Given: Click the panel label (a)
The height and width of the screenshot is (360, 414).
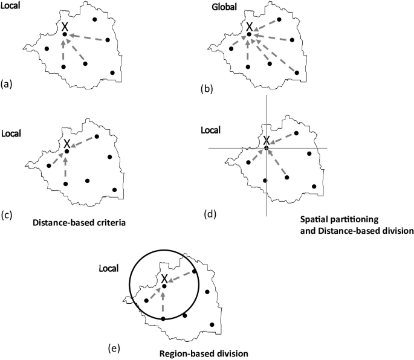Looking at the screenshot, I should pyautogui.click(x=7, y=85).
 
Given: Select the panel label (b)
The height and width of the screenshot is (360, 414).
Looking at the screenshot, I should pyautogui.click(x=206, y=89).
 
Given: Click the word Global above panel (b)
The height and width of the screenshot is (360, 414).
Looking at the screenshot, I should pyautogui.click(x=224, y=8).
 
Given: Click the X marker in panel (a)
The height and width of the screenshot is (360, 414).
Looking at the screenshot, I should pyautogui.click(x=65, y=27).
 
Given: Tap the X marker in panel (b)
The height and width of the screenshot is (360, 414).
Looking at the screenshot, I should pyautogui.click(x=248, y=27).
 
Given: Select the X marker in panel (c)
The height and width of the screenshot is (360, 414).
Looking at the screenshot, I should pyautogui.click(x=67, y=144).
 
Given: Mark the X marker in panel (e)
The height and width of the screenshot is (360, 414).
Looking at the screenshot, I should pyautogui.click(x=164, y=278).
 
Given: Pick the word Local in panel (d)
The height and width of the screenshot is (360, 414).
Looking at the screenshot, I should pyautogui.click(x=210, y=130).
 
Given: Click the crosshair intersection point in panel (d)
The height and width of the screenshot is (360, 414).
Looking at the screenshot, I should pyautogui.click(x=266, y=148).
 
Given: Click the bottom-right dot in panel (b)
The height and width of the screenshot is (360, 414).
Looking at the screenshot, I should pyautogui.click(x=297, y=73).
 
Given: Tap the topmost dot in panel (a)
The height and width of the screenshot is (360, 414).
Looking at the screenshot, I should pyautogui.click(x=95, y=19).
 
